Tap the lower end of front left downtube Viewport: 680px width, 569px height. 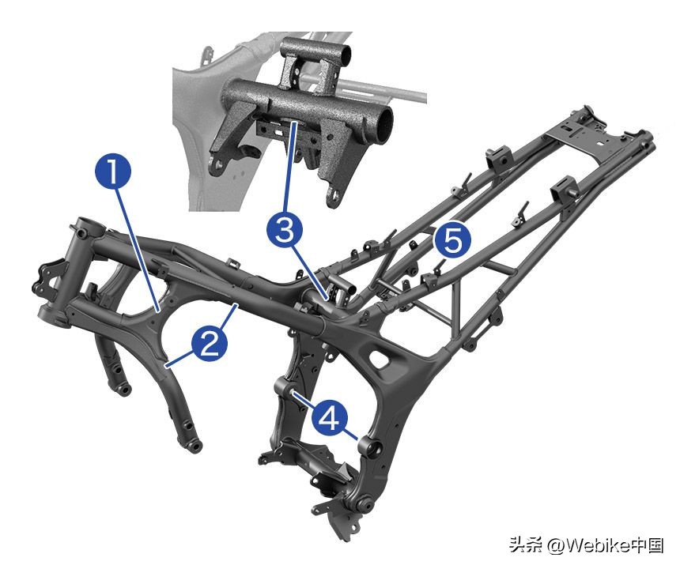192,446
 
